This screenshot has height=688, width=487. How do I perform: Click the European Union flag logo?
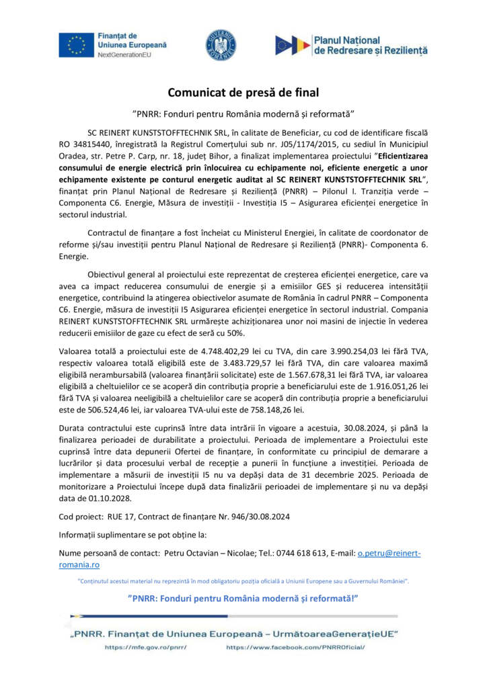[75, 44]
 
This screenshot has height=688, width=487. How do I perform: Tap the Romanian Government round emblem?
[220, 44]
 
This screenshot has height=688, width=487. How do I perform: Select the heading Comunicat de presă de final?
[243, 92]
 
